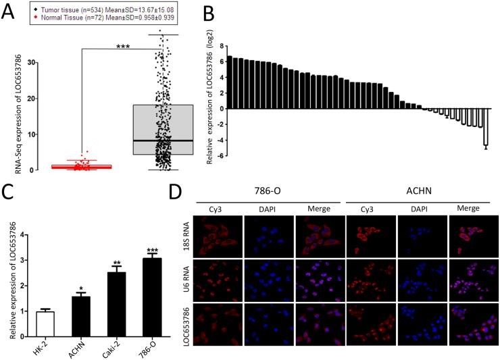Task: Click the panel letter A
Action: (x=9, y=9)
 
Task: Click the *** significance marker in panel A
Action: (x=122, y=47)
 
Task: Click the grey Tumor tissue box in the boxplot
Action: (x=163, y=130)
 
